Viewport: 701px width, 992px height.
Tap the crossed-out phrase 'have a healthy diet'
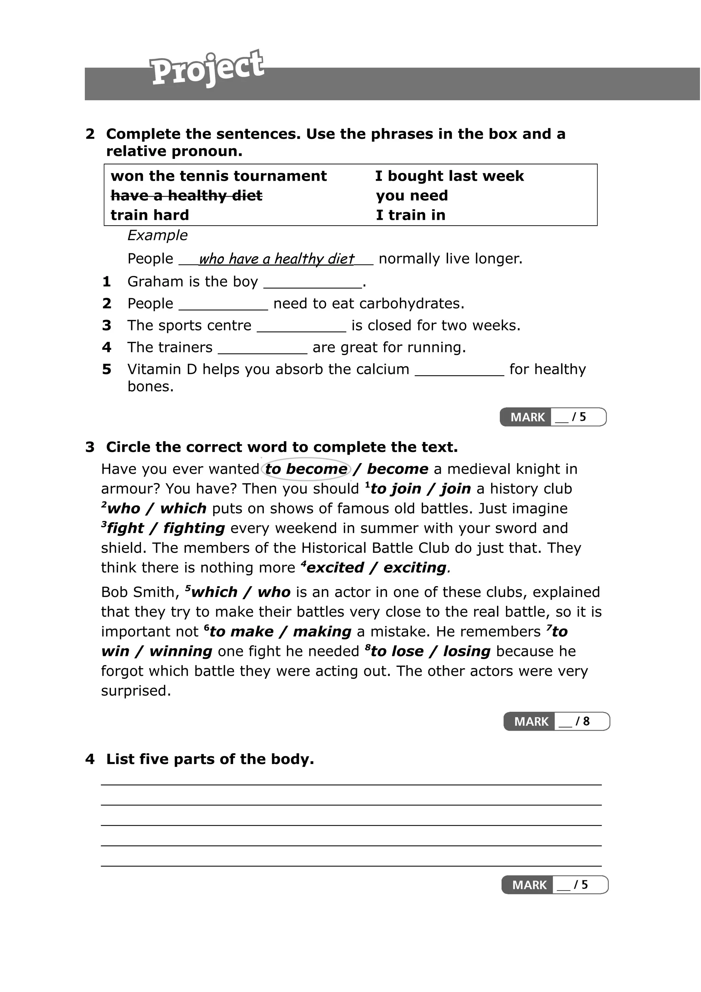pyautogui.click(x=186, y=196)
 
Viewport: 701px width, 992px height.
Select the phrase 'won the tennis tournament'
pyautogui.click(x=219, y=176)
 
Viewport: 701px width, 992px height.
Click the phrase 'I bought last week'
pyautogui.click(x=449, y=176)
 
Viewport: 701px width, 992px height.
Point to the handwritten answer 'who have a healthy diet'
pyautogui.click(x=277, y=259)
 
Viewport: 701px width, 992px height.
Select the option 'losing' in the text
pyautogui.click(x=467, y=651)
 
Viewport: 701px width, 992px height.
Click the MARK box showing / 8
pyautogui.click(x=556, y=722)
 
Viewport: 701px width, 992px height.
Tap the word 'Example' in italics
pyautogui.click(x=157, y=236)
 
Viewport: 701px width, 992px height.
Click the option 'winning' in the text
pyautogui.click(x=180, y=651)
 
